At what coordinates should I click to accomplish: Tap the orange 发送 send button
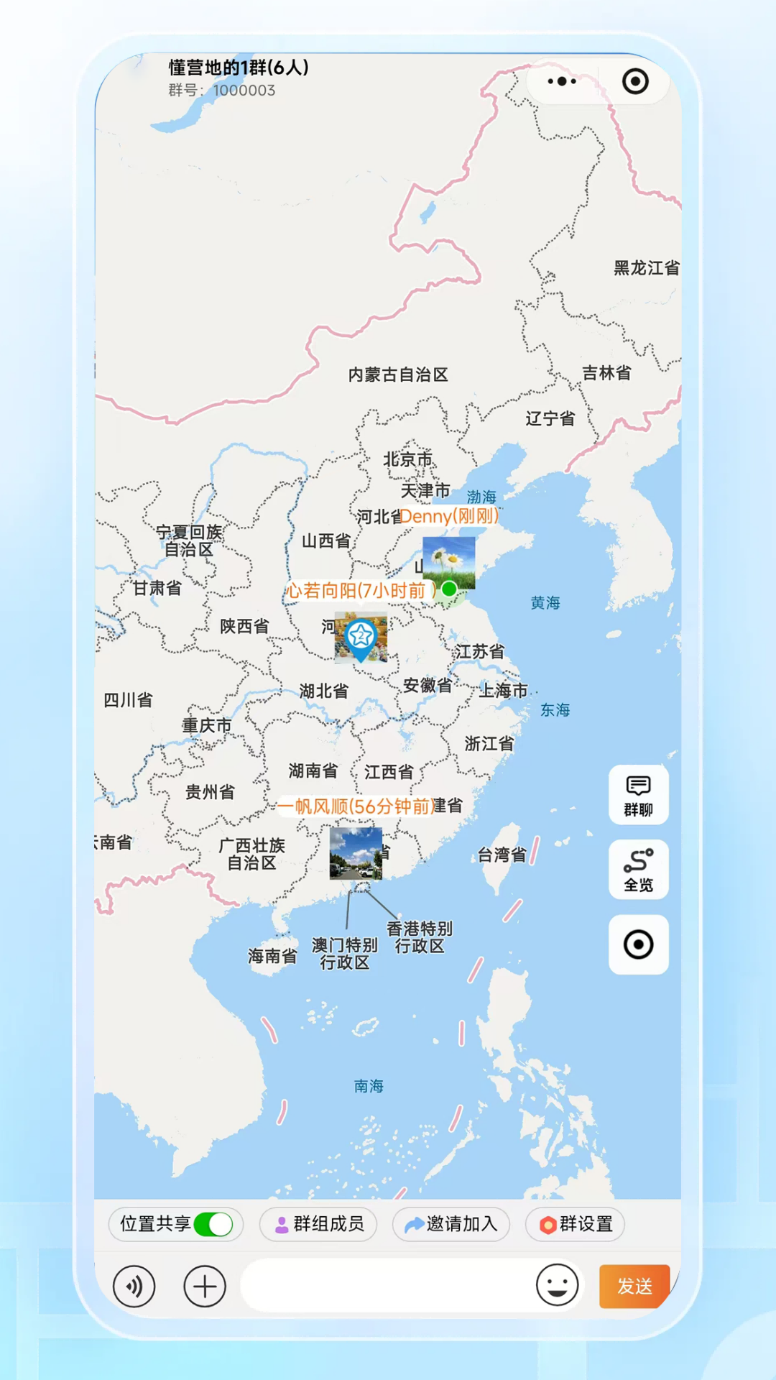coord(634,1286)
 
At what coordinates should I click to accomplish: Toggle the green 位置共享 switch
coord(213,1224)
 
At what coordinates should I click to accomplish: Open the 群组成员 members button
coord(319,1224)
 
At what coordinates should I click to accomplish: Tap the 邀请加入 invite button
coord(451,1224)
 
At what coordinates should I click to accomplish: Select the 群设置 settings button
coord(576,1224)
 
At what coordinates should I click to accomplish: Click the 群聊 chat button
coord(638,794)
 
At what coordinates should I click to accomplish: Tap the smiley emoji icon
coord(557,1285)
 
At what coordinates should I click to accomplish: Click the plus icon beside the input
coord(205,1286)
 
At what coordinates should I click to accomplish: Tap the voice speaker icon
coord(134,1286)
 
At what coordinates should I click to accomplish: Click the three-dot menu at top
coord(562,81)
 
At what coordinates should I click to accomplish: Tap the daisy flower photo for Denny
coord(449,560)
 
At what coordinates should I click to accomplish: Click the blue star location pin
coord(361,637)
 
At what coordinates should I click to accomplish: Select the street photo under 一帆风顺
coord(356,853)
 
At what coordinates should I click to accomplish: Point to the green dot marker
coord(449,589)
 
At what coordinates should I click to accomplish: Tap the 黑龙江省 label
coord(646,268)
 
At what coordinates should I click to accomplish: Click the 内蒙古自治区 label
coord(398,374)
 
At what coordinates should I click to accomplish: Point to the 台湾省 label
coord(502,855)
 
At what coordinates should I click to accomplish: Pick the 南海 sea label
coord(369,1086)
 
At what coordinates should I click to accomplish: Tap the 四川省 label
coord(128,700)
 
